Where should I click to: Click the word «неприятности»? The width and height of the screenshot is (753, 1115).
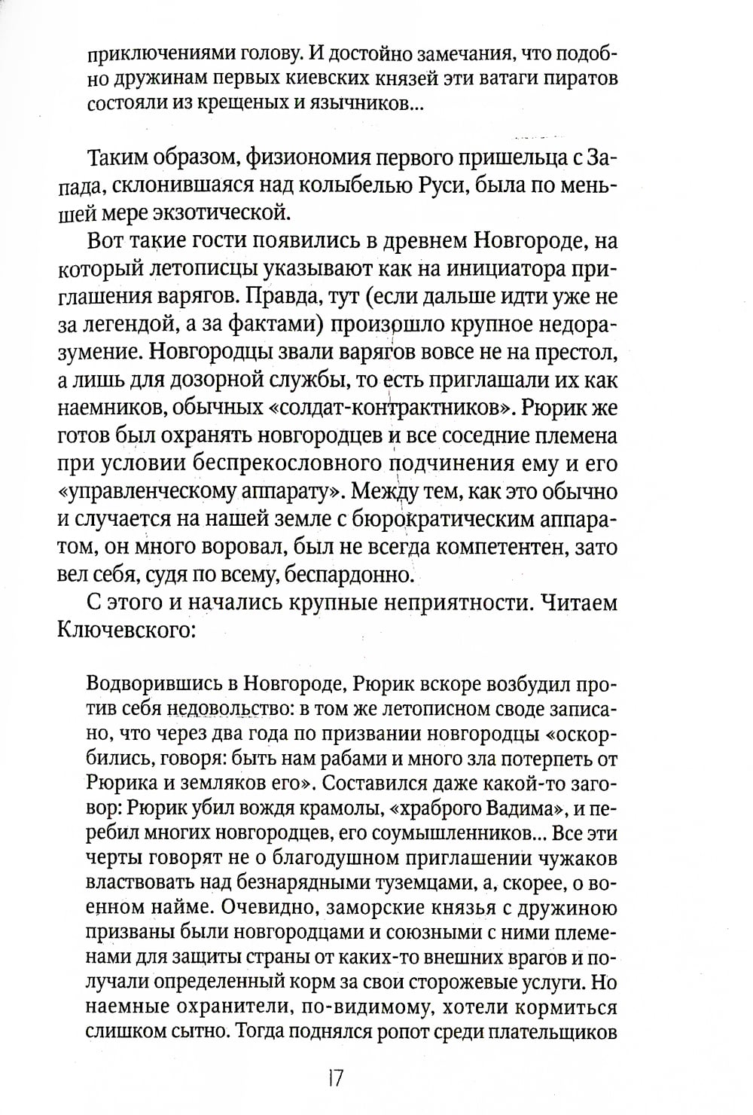coord(434,603)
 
